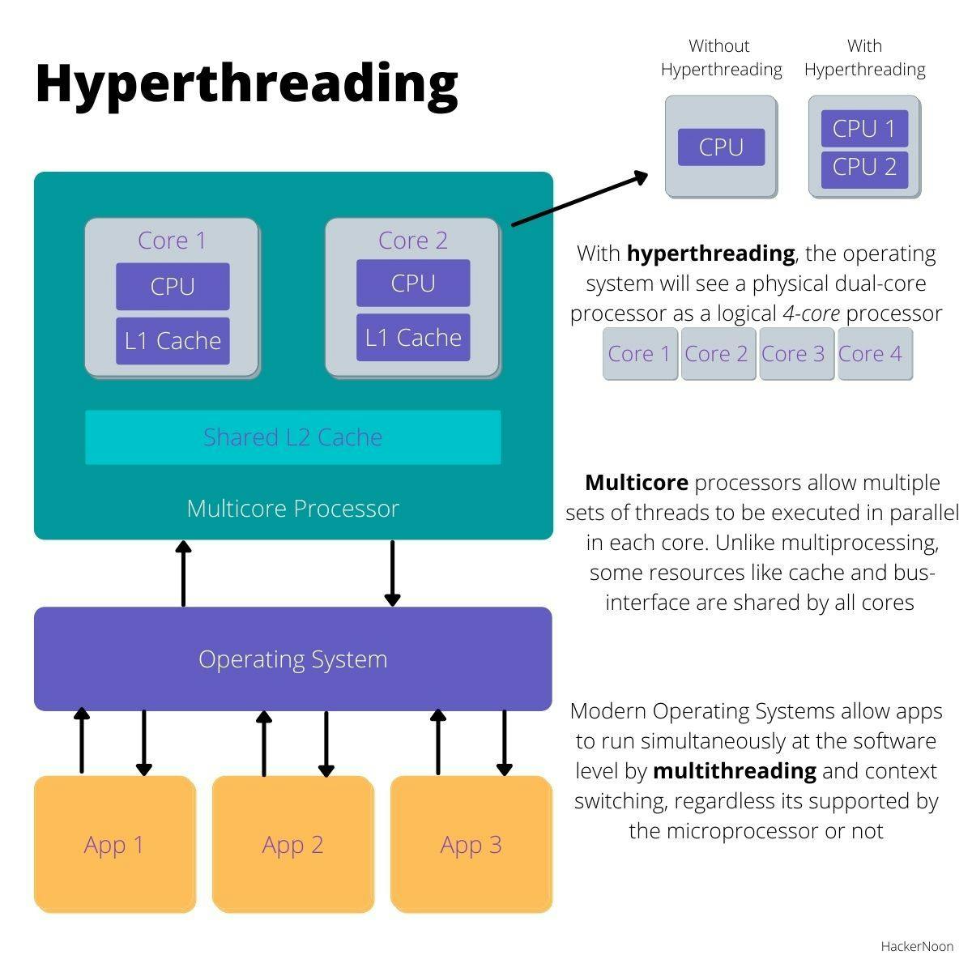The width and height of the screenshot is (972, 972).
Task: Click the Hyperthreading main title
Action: click(x=246, y=83)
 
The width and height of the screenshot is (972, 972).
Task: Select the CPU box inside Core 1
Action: click(x=173, y=287)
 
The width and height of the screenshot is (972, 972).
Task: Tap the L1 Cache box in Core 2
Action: click(x=413, y=338)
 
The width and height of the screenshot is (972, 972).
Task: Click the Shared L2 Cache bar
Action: click(x=292, y=437)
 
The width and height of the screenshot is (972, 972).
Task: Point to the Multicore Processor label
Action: click(x=292, y=509)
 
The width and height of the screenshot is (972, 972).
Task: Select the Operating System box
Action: click(x=292, y=659)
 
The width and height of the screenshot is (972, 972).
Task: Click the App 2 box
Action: click(x=292, y=844)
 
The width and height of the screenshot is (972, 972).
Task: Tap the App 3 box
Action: click(x=471, y=844)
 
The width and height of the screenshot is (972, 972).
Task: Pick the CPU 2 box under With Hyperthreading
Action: click(x=864, y=168)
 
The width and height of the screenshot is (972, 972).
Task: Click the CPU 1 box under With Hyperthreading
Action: click(x=864, y=129)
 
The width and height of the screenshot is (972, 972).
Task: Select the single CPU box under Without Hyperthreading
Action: click(x=721, y=147)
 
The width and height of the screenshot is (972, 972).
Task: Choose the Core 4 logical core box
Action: click(x=874, y=354)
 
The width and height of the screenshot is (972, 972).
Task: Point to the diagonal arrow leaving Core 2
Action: click(x=580, y=199)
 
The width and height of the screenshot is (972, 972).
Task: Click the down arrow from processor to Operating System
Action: click(x=392, y=573)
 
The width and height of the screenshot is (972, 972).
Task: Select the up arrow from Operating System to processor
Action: click(x=184, y=573)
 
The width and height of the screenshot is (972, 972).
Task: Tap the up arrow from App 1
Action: click(x=82, y=741)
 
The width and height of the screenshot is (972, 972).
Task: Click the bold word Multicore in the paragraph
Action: click(x=637, y=483)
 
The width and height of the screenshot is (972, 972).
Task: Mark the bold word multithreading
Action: click(x=734, y=770)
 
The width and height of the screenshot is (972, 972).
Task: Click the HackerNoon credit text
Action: click(x=917, y=946)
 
